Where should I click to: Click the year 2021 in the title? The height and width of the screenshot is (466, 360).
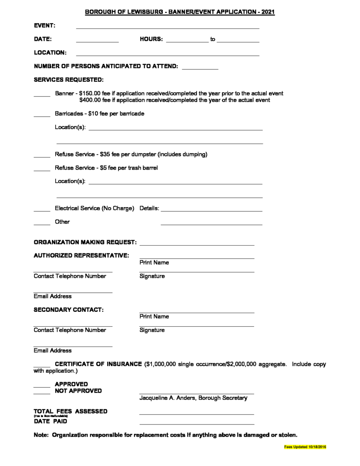tap(267, 12)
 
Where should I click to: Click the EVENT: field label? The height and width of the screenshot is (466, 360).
tap(45, 26)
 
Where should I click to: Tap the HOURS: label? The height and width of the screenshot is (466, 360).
tap(151, 39)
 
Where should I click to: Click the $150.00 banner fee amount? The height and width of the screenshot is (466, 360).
tap(90, 93)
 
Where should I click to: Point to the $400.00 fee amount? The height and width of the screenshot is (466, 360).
tap(90, 100)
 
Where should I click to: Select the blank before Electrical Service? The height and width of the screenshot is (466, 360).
tap(42, 210)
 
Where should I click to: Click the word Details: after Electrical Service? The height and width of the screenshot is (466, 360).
tap(149, 209)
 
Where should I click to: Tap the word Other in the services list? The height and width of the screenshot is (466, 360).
tap(62, 222)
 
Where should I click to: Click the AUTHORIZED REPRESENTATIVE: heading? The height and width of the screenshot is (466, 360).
tap(81, 255)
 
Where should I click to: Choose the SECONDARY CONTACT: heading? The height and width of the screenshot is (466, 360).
tap(69, 309)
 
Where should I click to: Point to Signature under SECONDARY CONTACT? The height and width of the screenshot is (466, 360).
tap(152, 330)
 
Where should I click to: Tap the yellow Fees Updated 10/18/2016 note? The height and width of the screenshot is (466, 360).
tap(305, 447)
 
